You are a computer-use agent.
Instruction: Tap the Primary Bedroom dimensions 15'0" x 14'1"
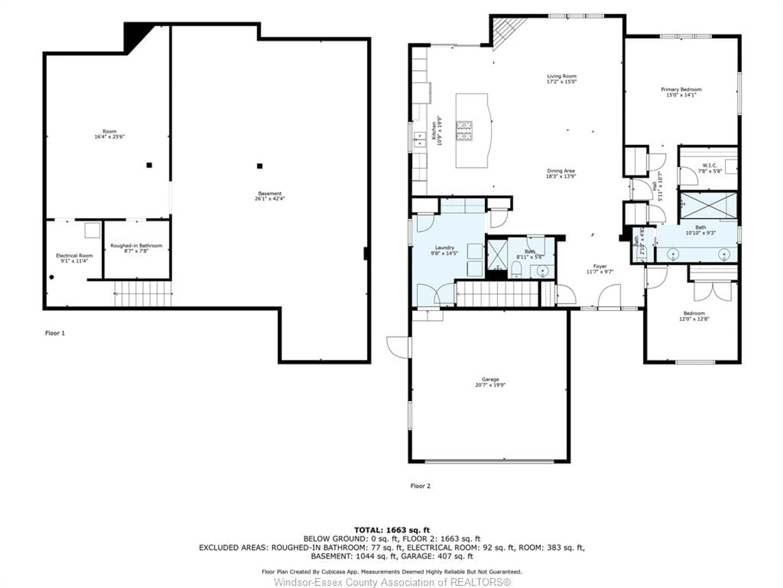click(681, 95)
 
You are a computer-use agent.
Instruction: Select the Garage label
click(490, 379)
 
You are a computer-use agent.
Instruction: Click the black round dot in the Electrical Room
click(52, 277)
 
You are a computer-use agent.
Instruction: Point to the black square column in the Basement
click(260, 166)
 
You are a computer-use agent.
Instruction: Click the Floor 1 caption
click(55, 333)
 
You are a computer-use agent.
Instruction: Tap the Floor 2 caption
click(420, 486)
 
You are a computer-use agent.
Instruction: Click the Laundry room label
click(444, 248)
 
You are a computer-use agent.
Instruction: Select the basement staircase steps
click(143, 293)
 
